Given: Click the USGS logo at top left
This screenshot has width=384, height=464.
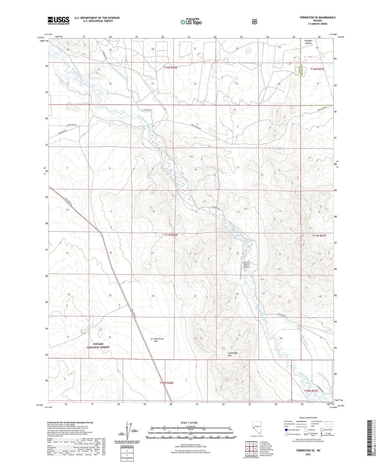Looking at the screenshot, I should (x=58, y=20).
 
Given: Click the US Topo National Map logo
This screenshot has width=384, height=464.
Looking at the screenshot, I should (x=191, y=22).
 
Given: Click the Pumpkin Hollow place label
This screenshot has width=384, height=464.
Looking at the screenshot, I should (x=308, y=42).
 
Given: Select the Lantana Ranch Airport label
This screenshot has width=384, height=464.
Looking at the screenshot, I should (x=247, y=265).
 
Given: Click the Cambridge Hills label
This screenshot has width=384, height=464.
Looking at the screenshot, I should (x=233, y=354).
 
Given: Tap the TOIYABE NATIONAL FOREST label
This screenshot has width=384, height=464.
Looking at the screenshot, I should (x=98, y=345).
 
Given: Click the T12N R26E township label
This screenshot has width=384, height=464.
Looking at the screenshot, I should (x=170, y=68).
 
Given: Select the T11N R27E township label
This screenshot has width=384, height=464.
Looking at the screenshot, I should (x=319, y=236).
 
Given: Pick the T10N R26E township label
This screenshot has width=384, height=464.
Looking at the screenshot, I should (x=166, y=383).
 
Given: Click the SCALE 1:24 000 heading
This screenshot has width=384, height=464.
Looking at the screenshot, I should (x=189, y=423).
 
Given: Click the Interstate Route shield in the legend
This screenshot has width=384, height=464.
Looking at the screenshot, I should (x=286, y=430).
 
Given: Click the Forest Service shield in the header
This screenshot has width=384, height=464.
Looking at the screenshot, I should (x=255, y=22).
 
